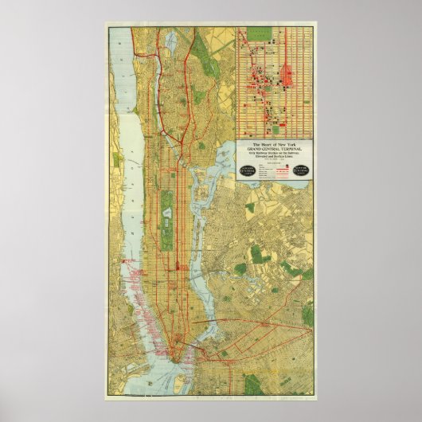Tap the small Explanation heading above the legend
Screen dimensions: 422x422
(275, 162)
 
